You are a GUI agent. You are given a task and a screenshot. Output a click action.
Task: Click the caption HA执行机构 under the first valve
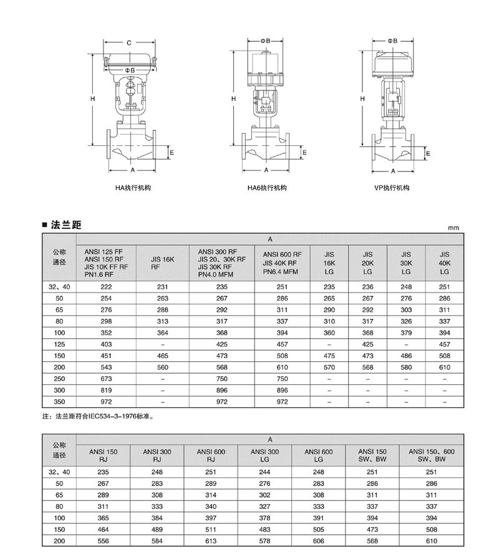tap(133, 188)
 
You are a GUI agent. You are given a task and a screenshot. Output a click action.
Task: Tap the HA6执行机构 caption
tap(267, 188)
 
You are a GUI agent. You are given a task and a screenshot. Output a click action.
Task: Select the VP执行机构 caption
tap(392, 188)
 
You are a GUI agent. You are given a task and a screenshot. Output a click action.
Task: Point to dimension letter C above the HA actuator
tap(129, 43)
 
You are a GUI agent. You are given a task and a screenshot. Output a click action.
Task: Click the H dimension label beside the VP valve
tap(362, 99)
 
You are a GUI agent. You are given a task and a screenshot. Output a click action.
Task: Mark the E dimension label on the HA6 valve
tap(304, 153)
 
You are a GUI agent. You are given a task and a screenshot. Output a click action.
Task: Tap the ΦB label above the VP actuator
tap(392, 41)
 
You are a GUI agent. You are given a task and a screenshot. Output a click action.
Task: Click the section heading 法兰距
tap(66, 225)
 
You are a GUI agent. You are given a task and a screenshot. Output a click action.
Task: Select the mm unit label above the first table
tap(453, 228)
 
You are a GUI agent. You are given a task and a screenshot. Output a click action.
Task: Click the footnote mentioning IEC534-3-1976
tap(98, 416)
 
